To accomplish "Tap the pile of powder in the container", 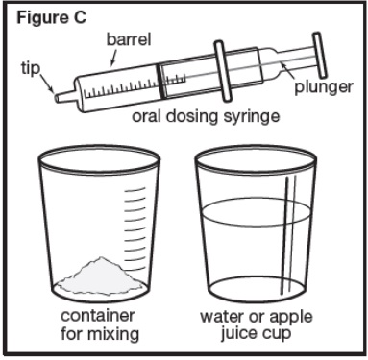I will click(94, 273).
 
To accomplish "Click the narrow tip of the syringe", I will click(61, 96).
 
